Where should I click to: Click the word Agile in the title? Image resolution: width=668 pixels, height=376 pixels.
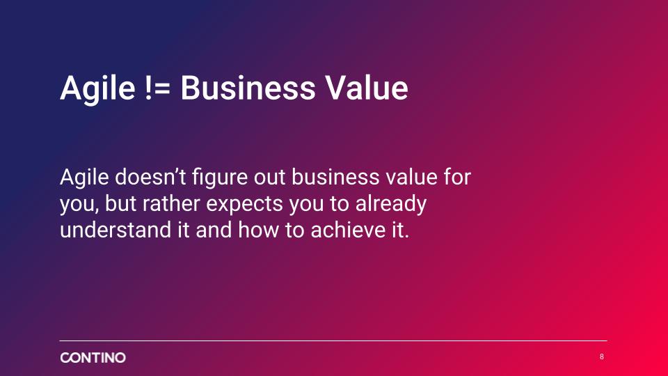pyautogui.click(x=97, y=88)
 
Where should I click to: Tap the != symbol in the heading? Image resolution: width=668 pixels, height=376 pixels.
pyautogui.click(x=158, y=88)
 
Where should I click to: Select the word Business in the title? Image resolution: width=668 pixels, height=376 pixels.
pyautogui.click(x=248, y=88)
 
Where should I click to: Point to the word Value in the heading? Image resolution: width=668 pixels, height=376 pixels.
pyautogui.click(x=367, y=88)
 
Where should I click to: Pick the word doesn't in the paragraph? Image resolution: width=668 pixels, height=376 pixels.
pyautogui.click(x=150, y=177)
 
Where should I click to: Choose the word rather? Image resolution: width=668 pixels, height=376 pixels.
pyautogui.click(x=171, y=203)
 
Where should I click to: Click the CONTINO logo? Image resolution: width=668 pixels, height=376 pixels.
pyautogui.click(x=93, y=357)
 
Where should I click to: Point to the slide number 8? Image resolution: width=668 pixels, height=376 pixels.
pyautogui.click(x=601, y=357)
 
